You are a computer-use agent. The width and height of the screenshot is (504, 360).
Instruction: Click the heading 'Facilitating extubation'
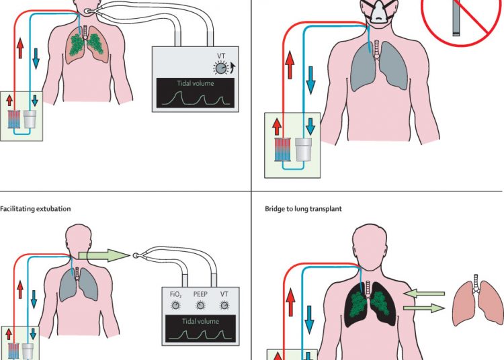coord(36,209)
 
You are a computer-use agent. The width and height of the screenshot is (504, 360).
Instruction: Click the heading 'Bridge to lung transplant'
coord(303,209)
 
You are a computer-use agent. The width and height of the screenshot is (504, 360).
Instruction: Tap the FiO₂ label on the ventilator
coord(176,294)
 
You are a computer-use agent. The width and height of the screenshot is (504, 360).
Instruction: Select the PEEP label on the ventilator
coord(200,294)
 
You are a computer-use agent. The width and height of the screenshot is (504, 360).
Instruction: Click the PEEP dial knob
coord(200,305)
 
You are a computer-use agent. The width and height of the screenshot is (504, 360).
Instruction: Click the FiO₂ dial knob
coord(176,305)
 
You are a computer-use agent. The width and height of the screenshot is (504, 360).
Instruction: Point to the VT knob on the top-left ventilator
coord(220,67)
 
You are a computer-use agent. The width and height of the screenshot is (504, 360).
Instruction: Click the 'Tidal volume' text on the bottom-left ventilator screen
coord(202,321)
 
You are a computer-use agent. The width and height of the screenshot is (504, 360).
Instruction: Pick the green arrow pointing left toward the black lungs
coord(423,294)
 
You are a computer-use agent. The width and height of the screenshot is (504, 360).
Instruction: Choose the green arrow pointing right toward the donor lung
coord(424,308)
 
